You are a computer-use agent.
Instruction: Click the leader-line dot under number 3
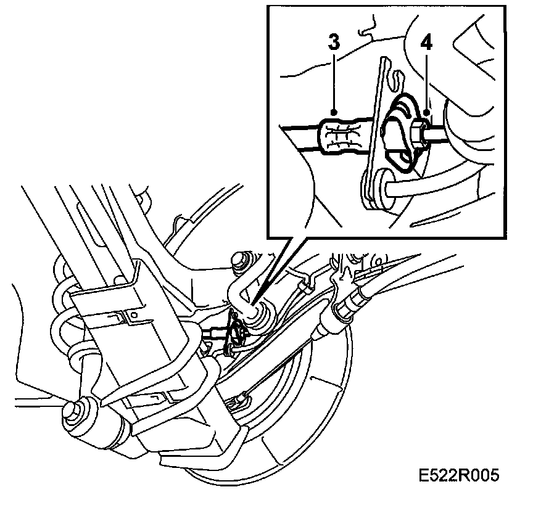[334, 112]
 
